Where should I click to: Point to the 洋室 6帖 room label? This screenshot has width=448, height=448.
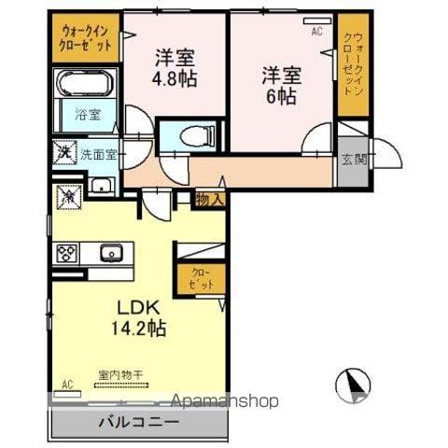[280, 84]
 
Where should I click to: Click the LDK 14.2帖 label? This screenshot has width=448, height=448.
[140, 317]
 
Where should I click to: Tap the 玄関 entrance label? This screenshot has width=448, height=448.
[353, 159]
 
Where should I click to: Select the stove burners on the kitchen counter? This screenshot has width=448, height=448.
[67, 251]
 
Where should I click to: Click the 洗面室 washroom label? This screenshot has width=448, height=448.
[96, 154]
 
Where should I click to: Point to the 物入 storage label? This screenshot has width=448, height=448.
[209, 198]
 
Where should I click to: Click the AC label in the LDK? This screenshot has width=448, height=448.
[67, 384]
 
